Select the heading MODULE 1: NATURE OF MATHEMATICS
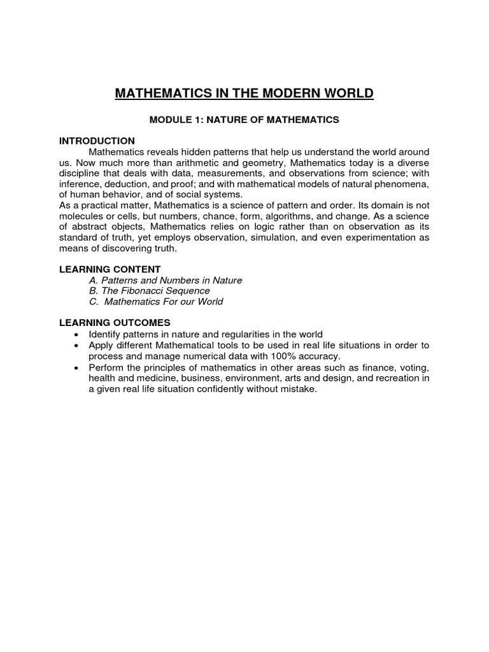tap(244, 119)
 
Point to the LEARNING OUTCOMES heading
tap(115, 323)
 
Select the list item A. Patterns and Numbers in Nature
tap(166, 280)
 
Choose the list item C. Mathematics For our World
tap(156, 302)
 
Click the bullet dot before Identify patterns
tap(77, 335)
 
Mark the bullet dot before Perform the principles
tap(77, 369)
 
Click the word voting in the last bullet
tap(415, 367)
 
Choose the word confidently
tap(223, 389)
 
